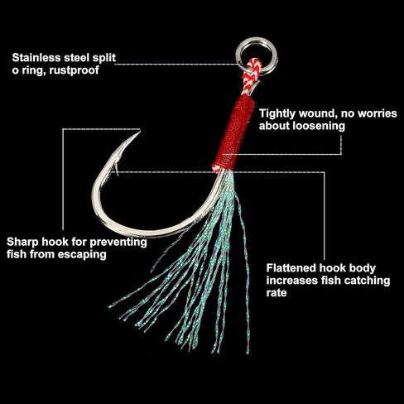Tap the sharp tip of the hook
[140, 132]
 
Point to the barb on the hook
[117, 168]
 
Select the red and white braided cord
[252, 75]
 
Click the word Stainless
[36, 58]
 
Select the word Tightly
[277, 113]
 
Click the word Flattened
[291, 268]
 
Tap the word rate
[277, 293]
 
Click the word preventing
[118, 243]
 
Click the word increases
[292, 281]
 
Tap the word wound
[318, 113]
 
